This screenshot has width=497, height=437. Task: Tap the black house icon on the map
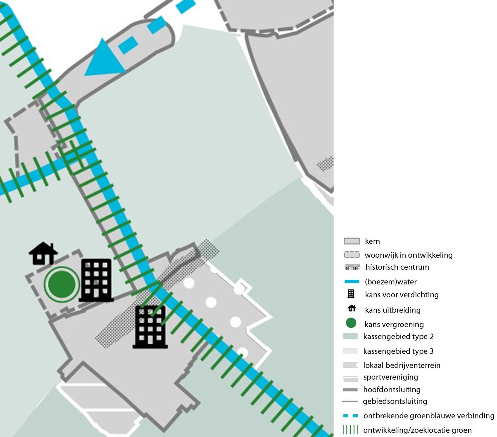pos(43,253)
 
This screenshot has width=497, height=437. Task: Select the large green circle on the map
pos(62,284)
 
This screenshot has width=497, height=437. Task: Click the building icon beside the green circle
pos(96,280)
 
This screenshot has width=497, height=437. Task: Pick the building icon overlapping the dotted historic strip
pos(150,327)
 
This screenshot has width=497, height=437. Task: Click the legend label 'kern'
pos(372,241)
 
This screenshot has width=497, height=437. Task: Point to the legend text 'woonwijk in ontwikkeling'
pos(408,255)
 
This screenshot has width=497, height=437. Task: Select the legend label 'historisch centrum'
pos(397,267)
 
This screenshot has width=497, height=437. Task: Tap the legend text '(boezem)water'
pos(391,282)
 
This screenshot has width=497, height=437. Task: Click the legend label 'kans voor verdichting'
pos(401,295)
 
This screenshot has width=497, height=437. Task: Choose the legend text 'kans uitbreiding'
pos(393,310)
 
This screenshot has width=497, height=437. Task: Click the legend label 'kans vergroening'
pos(394,324)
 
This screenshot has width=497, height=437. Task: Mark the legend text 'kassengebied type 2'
pos(398,336)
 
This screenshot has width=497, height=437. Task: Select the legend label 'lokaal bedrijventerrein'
pos(401,365)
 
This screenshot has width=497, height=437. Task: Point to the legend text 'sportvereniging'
pos(391,377)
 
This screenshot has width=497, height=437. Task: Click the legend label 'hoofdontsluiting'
pos(392,389)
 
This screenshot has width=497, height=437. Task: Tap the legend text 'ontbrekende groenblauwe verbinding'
pos(429,416)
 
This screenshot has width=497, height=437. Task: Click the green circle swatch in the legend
pos(351,323)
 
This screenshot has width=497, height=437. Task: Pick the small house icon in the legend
pos(352,308)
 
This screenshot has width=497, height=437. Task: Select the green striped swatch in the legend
pos(350,429)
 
